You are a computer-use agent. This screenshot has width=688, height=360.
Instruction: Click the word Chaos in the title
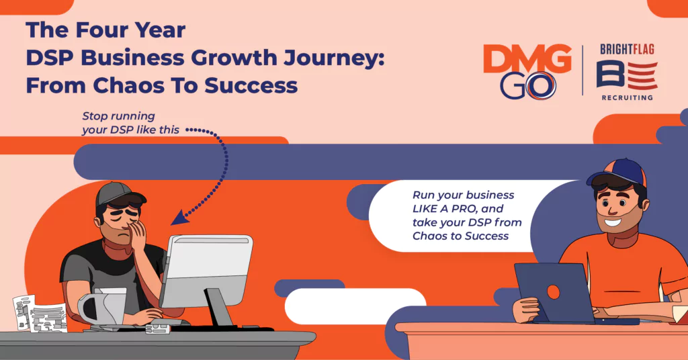pos(131,85)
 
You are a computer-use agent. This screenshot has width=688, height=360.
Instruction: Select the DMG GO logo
pos(527,72)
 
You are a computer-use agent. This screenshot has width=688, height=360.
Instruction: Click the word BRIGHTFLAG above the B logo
pos(627,50)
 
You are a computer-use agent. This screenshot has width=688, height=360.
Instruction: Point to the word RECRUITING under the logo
pos(627,97)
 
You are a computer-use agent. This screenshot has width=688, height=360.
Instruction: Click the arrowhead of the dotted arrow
pos(179,218)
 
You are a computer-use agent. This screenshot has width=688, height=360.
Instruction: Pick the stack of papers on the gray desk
pos(40,313)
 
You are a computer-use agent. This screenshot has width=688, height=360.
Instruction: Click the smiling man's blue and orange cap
pos(618,173)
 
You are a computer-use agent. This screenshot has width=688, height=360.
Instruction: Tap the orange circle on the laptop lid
pos(554,292)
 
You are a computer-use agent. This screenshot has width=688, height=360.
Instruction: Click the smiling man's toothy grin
pos(613,221)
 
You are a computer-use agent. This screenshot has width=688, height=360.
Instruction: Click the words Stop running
pos(118,116)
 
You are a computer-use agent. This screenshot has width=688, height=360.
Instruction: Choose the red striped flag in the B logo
pos(643,75)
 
